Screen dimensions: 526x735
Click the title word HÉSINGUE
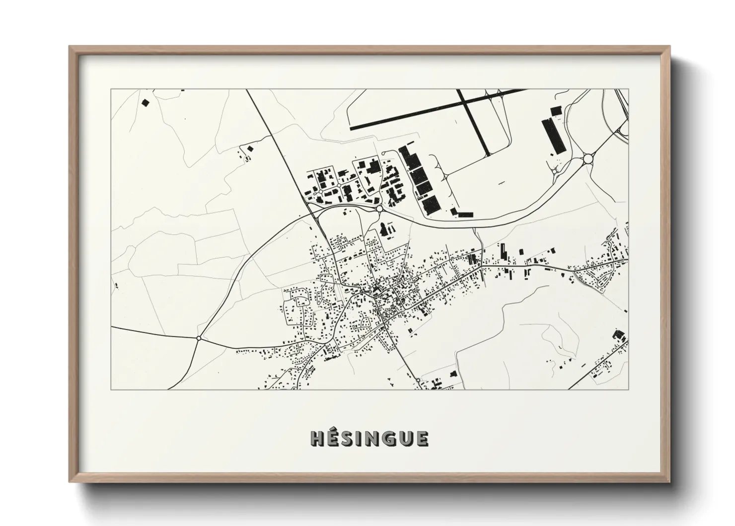(369, 438)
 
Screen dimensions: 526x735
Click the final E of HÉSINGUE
(422, 438)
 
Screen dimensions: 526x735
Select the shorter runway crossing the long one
(474, 122)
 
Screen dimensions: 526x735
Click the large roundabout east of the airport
(588, 159)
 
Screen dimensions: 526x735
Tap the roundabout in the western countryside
(199, 338)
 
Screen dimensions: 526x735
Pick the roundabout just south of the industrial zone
(380, 209)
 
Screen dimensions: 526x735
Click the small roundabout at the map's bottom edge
(418, 381)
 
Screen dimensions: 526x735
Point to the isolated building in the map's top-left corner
(146, 103)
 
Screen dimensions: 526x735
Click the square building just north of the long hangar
(555, 110)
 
